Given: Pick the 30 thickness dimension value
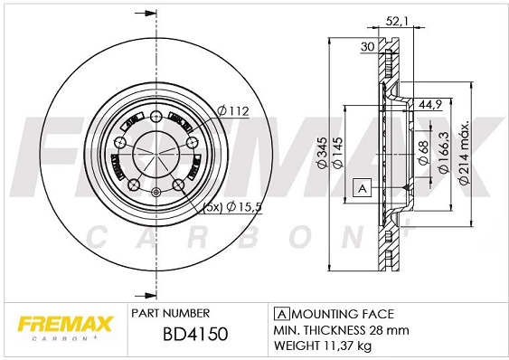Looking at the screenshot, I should [367, 47].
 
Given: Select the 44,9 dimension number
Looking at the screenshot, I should [429, 106].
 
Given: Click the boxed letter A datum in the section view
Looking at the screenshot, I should [361, 188].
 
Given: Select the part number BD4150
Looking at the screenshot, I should [193, 335].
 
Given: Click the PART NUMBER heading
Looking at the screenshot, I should [171, 312].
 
